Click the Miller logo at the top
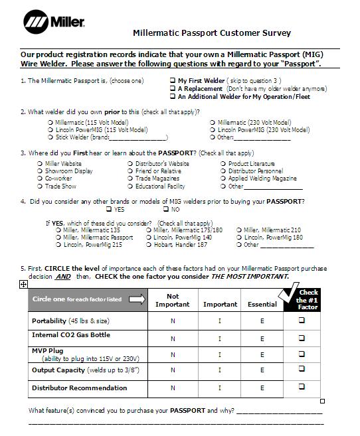[54, 23]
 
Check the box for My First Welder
[173, 81]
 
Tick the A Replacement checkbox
[173, 88]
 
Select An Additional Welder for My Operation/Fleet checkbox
[173, 96]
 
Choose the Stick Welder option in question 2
[50, 137]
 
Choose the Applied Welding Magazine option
[223, 179]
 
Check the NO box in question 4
[157, 210]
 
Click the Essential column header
[262, 305]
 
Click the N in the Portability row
[173, 321]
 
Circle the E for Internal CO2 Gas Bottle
[262, 338]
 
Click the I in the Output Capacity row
[220, 372]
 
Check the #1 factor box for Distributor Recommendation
[302, 386]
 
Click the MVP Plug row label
[46, 351]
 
